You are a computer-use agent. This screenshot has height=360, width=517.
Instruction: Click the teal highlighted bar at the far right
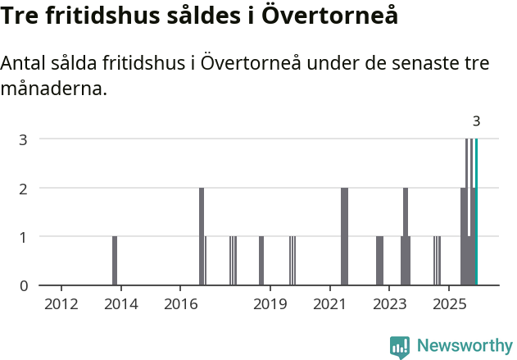coord(476,212)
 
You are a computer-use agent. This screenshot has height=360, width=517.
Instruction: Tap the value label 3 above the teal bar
coord(476,121)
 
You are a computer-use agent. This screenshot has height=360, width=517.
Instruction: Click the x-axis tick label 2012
coord(61,305)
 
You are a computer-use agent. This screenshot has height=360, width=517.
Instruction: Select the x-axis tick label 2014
coord(121,305)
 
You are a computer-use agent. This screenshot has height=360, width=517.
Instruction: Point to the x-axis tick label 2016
coord(181,305)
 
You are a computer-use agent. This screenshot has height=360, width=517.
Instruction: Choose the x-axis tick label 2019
coord(270,305)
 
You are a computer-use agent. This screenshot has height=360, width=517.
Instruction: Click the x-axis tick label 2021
coord(329,305)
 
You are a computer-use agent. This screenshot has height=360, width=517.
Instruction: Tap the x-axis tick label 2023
coord(389,305)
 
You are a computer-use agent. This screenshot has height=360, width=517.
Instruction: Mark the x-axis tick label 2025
coord(449,305)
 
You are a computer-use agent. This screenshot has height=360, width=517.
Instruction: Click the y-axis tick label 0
coord(24,285)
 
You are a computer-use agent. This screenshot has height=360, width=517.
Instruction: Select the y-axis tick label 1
coord(24,237)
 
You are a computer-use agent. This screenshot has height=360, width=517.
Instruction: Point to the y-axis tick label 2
coord(24,188)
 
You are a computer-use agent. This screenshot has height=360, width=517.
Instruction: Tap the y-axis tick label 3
coord(24,139)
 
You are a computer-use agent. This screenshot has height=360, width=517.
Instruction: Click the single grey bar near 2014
coord(115,261)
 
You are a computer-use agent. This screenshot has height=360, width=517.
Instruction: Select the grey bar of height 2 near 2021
coord(344,236)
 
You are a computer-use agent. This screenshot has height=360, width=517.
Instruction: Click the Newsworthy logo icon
coord(400,347)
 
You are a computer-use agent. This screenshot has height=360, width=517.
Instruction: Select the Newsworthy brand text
coord(464,347)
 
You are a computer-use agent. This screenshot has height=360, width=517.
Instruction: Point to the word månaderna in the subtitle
coord(54,89)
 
